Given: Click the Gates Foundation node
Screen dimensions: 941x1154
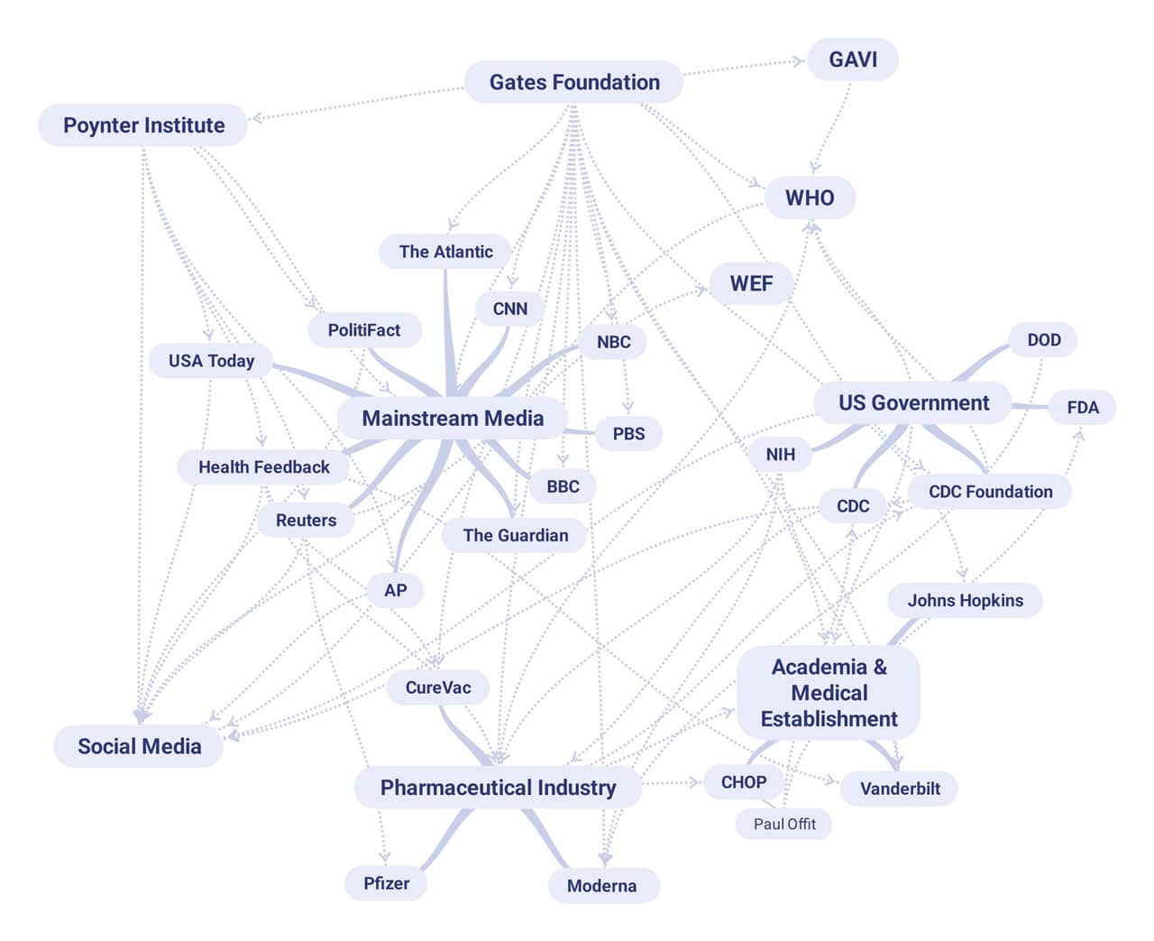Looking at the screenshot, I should [x=574, y=82].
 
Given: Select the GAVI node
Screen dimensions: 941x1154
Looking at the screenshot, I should [x=852, y=60].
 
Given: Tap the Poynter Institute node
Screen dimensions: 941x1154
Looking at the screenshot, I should [x=143, y=125].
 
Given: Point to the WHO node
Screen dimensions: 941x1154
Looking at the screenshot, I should [x=810, y=198].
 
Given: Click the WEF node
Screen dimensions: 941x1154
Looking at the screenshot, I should [x=751, y=283].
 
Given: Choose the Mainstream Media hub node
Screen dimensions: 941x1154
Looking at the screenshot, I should [x=453, y=419].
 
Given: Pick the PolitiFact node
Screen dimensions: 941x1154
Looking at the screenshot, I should [x=363, y=330].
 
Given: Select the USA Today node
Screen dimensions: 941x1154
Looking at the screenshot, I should [x=211, y=361].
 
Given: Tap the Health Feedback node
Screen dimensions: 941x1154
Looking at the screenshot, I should [x=263, y=467].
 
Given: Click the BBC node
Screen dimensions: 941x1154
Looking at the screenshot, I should [x=563, y=486].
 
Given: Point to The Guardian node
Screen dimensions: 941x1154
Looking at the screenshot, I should [x=515, y=535].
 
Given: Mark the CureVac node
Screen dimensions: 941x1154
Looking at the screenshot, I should [x=438, y=687].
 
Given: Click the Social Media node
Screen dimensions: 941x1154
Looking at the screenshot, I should [x=139, y=746].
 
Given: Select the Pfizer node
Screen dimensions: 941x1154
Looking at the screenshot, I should [x=386, y=883].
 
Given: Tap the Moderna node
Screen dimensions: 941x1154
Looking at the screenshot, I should [x=601, y=886].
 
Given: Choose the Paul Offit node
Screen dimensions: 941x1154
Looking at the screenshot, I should [x=784, y=824].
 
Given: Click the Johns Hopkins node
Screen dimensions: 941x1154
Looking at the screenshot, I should [x=965, y=601].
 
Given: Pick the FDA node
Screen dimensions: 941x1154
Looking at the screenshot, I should [x=1083, y=408].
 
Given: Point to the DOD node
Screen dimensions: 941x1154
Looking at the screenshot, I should [x=1044, y=340].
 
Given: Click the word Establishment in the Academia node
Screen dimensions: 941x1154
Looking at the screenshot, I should [x=829, y=719].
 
